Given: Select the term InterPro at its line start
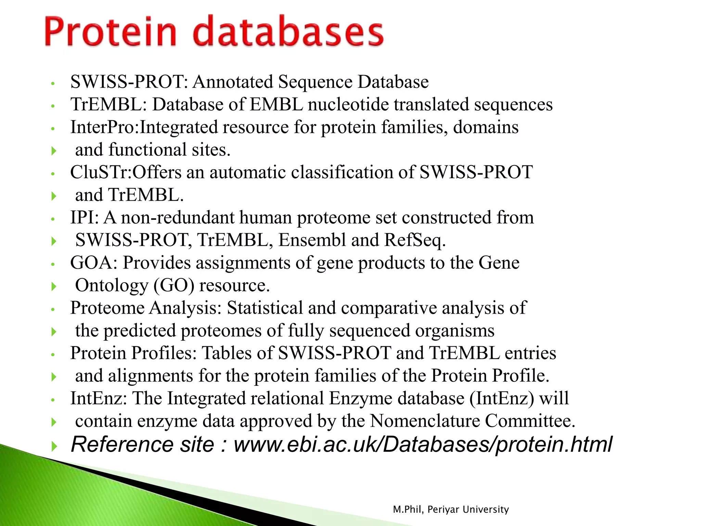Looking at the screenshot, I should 103,127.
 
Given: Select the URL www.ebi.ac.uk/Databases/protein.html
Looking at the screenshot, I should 423,444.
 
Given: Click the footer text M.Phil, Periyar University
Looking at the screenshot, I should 451,510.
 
